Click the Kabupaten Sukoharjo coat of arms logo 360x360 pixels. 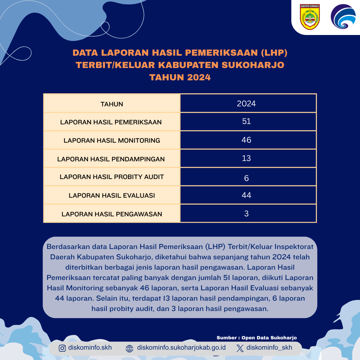310,17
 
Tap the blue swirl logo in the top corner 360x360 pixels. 343,17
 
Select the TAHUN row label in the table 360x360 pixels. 112,104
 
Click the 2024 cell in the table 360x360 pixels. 246,104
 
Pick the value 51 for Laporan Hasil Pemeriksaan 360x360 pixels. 246,121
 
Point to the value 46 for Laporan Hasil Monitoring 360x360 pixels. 246,140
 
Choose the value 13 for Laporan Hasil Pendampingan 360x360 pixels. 246,158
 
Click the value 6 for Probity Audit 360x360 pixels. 246,178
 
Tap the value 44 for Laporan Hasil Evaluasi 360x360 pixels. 246,195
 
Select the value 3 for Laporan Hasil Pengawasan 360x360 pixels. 246,213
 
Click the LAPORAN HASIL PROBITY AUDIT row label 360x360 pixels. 112,177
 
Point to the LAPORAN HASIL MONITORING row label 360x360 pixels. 112,140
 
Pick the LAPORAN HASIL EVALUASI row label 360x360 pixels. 112,195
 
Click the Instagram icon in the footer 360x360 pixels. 62,348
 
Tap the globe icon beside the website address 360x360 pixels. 129,349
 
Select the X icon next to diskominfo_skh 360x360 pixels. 240,348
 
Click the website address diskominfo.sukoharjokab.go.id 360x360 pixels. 181,348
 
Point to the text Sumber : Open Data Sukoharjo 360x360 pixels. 257,338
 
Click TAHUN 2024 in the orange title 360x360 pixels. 180,77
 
